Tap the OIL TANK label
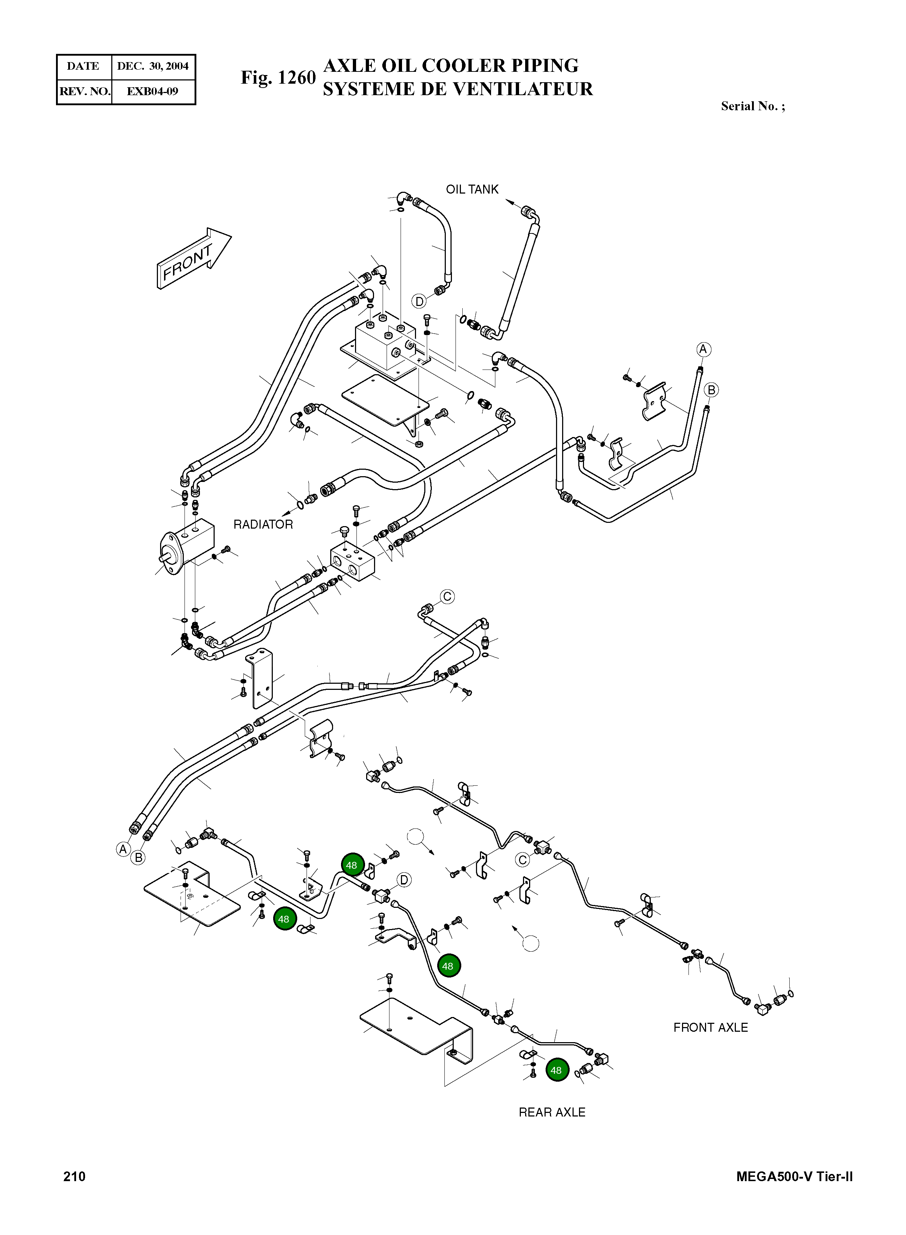(472, 189)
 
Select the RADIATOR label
(263, 525)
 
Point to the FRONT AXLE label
(710, 1028)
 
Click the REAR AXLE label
(552, 1112)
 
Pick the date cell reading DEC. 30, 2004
(153, 66)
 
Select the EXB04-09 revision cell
(153, 91)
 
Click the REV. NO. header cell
(84, 91)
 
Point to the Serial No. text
(752, 106)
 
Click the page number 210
(75, 1176)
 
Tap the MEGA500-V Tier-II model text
(794, 1176)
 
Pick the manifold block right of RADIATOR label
(352, 561)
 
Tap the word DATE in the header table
(83, 66)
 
